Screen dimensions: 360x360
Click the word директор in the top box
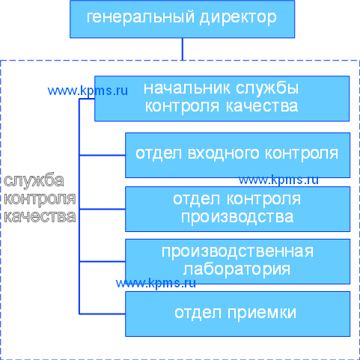coord(238,17)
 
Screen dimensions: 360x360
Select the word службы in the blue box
coord(267,88)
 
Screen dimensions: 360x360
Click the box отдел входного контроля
coord(237,155)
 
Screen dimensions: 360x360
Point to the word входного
coord(224,153)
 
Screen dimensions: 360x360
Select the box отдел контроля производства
coord(237,209)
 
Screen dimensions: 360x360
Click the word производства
coord(237,217)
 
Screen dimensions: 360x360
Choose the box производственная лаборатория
coord(237,261)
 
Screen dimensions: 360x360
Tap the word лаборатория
coord(237,269)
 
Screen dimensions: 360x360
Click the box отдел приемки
coord(237,314)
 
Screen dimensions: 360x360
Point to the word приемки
coord(262,313)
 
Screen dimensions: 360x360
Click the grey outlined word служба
coord(34,180)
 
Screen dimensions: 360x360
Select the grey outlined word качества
coord(40,216)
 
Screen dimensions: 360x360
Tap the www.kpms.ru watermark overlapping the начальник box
coord(88,91)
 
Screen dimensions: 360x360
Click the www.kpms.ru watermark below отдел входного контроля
coord(278,180)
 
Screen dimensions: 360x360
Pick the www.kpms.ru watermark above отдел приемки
coord(156,284)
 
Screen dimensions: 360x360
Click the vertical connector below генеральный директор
coord(183,49)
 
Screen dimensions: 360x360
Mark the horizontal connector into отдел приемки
coord(103,314)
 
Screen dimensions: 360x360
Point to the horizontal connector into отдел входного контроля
coord(103,155)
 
